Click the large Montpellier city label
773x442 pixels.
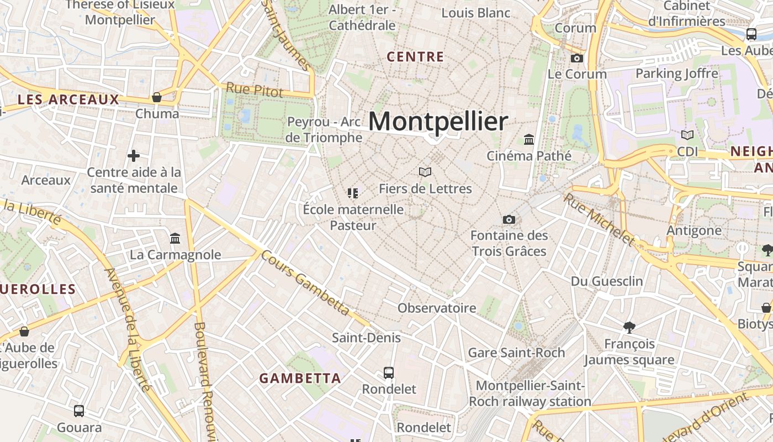438,122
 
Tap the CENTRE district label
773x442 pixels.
415,57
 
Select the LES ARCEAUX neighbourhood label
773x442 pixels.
68,99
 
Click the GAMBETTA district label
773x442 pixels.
300,378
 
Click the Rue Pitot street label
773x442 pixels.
255,90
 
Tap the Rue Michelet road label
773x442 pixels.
599,218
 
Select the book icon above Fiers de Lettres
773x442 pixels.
425,172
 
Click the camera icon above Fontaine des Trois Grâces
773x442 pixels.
509,220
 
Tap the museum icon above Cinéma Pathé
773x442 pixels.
529,139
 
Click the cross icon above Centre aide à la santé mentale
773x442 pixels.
134,156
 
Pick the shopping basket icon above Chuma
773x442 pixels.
157,98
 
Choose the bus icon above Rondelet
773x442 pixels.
389,373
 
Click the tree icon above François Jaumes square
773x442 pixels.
629,327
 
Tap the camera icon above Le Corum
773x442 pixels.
576,58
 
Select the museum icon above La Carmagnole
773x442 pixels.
175,239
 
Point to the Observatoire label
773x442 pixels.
437,308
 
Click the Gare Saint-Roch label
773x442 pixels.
516,352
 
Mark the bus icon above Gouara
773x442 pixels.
79,411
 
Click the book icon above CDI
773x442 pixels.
687,135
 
